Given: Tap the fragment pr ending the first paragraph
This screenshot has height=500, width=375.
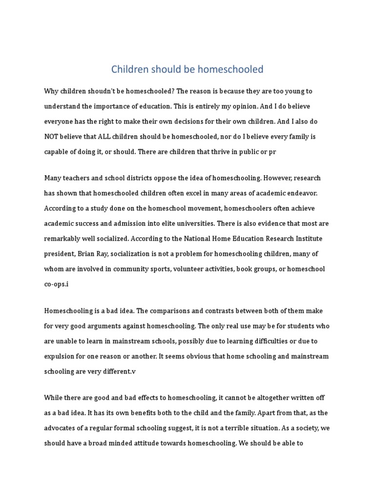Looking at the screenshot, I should pos(272,152).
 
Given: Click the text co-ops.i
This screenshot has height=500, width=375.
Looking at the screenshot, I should pos(57,284).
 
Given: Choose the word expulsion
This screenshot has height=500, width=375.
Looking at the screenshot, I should pos(62,356).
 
